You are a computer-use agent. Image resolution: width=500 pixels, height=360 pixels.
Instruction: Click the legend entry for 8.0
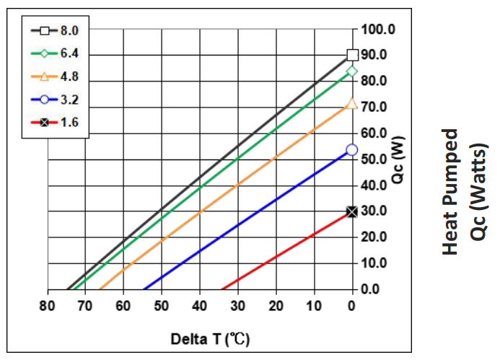[56, 31]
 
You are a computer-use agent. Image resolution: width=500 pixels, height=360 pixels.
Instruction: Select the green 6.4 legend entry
[56, 54]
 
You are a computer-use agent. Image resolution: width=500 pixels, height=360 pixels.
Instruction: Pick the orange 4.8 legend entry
[56, 76]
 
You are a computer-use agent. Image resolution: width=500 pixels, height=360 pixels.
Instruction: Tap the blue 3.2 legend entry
[56, 99]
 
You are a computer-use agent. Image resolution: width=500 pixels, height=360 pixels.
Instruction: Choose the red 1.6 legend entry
[56, 122]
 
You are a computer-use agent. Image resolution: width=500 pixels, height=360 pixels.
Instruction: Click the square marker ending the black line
[352, 54]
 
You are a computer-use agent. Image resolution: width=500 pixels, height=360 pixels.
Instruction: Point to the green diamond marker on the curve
[352, 71]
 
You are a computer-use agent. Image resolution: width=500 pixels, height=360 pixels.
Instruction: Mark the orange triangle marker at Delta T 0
[352, 104]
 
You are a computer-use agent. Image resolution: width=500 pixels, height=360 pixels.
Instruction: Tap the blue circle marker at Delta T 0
[352, 150]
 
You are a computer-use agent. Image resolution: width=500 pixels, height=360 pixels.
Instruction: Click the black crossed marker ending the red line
[352, 211]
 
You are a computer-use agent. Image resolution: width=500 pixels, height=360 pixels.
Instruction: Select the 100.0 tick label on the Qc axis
[378, 30]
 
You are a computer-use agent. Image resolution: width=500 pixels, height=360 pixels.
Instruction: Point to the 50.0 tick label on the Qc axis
[375, 159]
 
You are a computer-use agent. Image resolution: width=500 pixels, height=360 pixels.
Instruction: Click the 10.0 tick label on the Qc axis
[375, 263]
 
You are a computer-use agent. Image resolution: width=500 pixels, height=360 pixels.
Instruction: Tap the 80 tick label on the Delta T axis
[48, 306]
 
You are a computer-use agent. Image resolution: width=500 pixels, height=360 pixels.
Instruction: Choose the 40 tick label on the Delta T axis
[200, 306]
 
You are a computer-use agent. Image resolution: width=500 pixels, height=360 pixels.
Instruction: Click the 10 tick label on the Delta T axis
[314, 306]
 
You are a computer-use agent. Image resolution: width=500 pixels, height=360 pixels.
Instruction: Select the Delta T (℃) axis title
[210, 338]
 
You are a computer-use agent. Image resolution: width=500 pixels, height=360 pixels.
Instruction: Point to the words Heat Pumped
[450, 191]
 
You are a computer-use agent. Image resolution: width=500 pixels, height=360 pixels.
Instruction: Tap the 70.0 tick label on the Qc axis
[375, 107]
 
